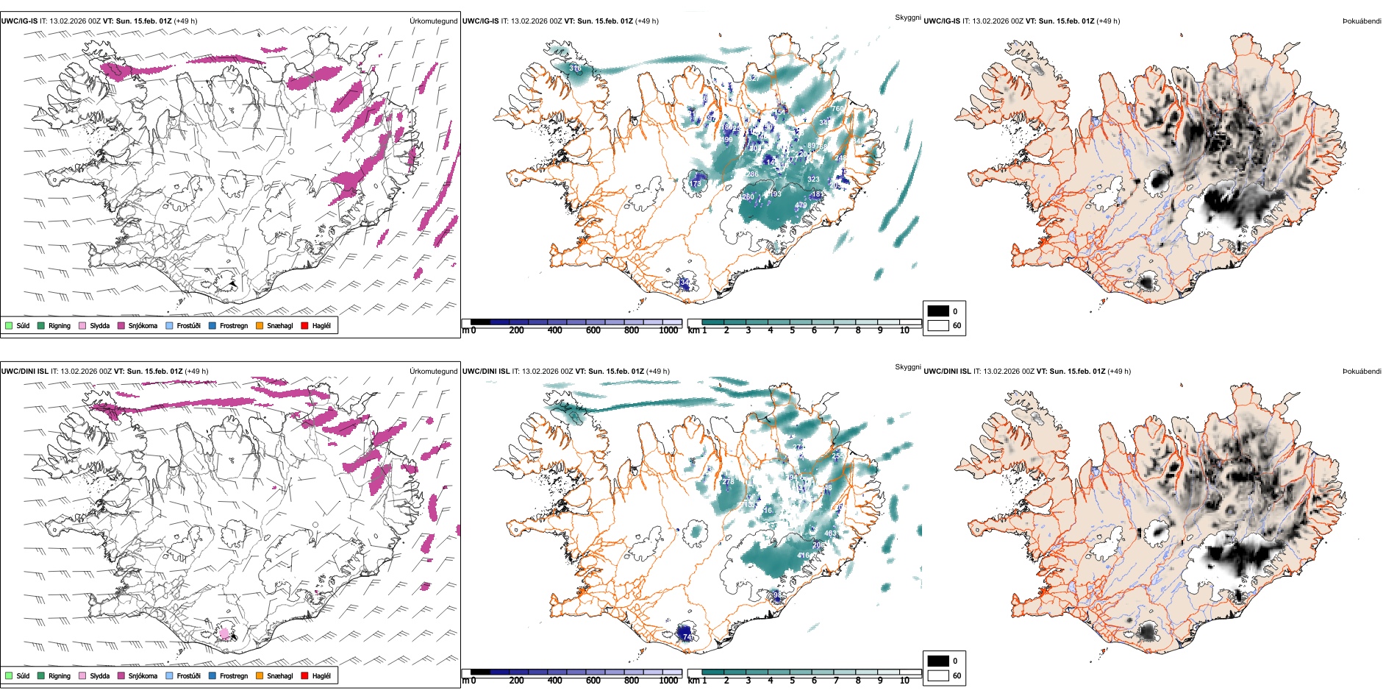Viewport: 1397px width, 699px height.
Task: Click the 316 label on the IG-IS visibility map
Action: (575, 68)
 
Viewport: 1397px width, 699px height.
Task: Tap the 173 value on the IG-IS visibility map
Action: (695, 184)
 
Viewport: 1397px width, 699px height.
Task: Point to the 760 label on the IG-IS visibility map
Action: (837, 109)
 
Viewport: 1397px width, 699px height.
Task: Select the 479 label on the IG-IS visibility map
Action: (801, 205)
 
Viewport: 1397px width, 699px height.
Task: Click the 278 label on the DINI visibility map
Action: (728, 482)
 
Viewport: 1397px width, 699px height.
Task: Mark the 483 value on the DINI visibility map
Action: (830, 533)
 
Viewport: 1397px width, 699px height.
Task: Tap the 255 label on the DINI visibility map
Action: (837, 456)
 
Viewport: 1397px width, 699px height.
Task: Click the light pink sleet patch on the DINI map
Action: (224, 633)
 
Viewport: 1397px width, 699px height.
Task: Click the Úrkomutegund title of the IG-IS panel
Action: (433, 21)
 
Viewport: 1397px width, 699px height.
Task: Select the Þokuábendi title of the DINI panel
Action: (1362, 371)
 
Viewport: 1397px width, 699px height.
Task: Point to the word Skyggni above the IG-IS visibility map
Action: (907, 17)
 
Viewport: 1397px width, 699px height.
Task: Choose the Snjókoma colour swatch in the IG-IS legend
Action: (121, 325)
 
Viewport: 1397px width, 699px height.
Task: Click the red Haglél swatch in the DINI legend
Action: (304, 675)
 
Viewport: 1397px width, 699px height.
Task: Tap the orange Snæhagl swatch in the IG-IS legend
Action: (260, 325)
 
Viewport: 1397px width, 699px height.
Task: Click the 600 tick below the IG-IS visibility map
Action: (593, 330)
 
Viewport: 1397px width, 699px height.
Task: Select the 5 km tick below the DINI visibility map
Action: (792, 681)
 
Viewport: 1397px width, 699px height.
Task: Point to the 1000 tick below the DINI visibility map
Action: (668, 681)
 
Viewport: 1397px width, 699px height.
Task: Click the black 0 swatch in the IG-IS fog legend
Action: (938, 311)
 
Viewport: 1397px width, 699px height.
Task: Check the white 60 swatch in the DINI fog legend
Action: (938, 675)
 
